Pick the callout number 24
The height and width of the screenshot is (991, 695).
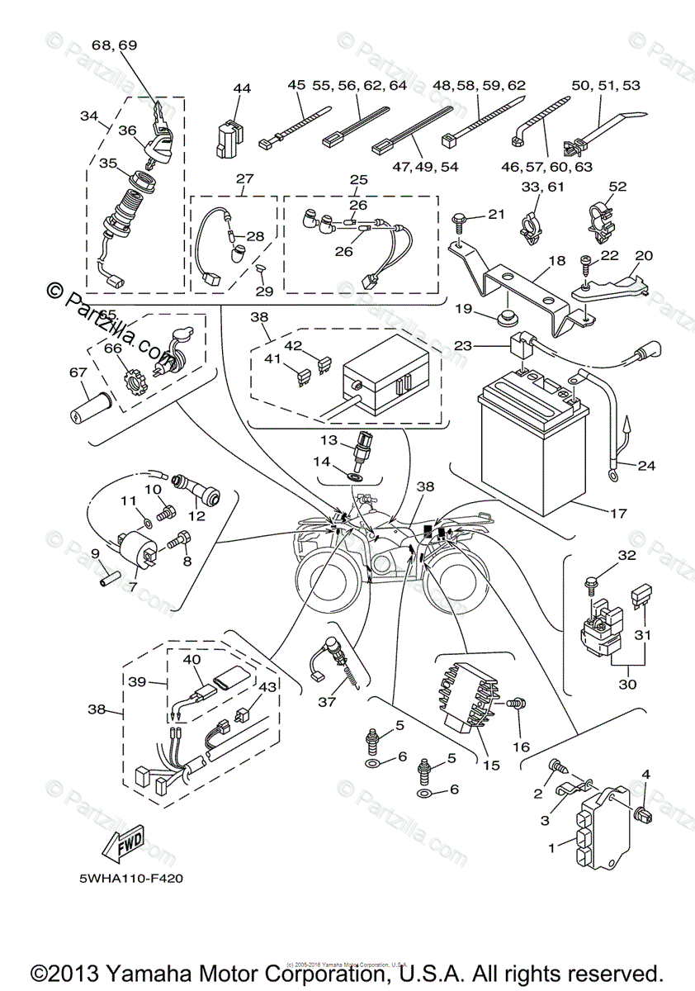click(x=645, y=466)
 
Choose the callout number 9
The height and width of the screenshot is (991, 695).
click(x=95, y=553)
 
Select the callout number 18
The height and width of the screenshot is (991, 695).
click(x=556, y=260)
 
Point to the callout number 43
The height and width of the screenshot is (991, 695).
click(x=268, y=686)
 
